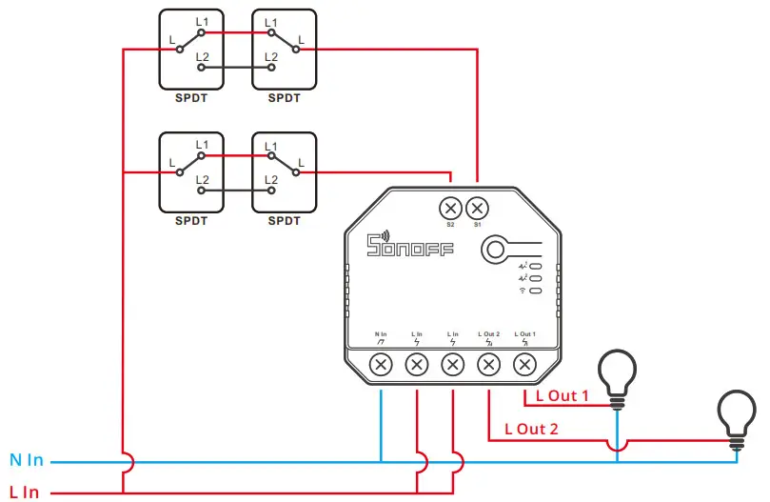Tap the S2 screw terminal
[x=450, y=207]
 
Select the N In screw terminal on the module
[x=381, y=364]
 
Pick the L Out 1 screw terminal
[x=523, y=364]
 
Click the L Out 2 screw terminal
[x=488, y=364]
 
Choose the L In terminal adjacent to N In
[x=417, y=364]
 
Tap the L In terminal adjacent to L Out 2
[x=452, y=364]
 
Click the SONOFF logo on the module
[x=410, y=249]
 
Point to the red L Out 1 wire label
[x=563, y=395]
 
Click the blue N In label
[x=27, y=461]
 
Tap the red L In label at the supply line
[x=25, y=492]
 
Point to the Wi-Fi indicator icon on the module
[x=523, y=290]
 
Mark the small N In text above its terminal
[x=381, y=334]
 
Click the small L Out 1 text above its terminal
[x=523, y=334]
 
